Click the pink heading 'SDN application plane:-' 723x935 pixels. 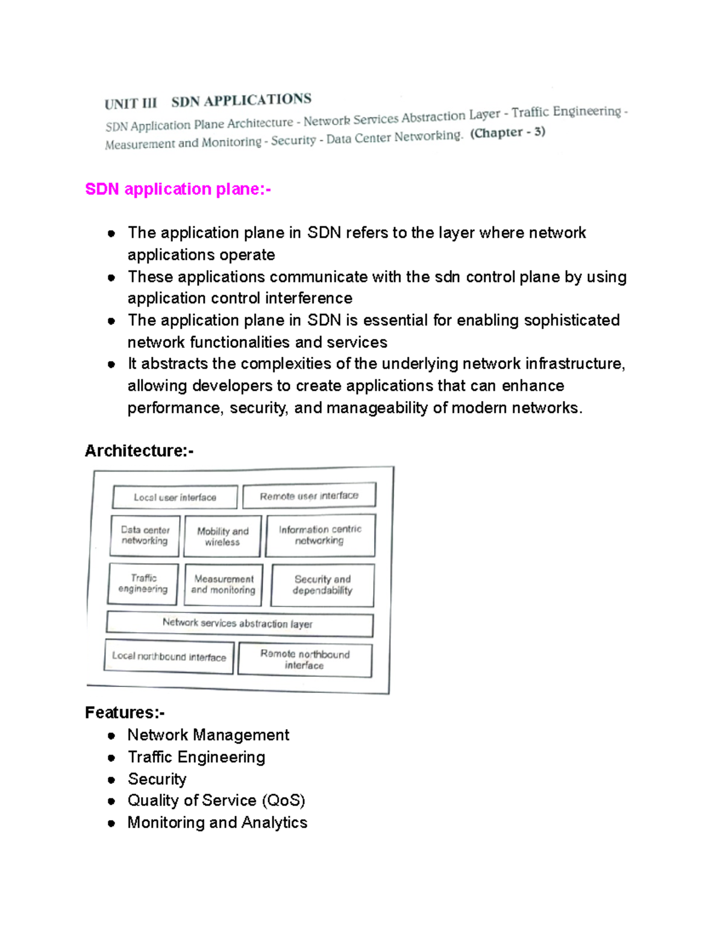click(x=178, y=189)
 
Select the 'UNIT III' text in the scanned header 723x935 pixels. click(x=130, y=104)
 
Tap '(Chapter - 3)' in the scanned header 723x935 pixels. click(x=507, y=132)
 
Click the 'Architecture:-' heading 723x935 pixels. click(x=139, y=450)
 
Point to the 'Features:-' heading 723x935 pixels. click(x=124, y=712)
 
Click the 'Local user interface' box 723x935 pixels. click(x=175, y=497)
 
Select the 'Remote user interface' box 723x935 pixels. click(x=309, y=495)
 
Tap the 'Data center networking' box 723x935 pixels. click(x=145, y=535)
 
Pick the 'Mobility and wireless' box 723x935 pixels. click(x=222, y=536)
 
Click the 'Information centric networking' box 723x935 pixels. click(x=320, y=535)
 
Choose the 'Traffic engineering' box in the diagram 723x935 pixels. click(x=143, y=583)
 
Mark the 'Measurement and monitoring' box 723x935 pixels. click(x=224, y=584)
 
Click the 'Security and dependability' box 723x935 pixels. click(x=322, y=585)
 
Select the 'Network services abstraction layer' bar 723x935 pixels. click(x=239, y=624)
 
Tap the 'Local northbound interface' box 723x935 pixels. click(x=169, y=656)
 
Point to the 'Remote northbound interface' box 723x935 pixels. click(x=305, y=659)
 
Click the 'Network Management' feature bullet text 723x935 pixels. click(x=208, y=735)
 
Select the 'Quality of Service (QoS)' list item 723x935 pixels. click(x=216, y=800)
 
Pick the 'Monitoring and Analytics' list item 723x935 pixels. click(x=217, y=822)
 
